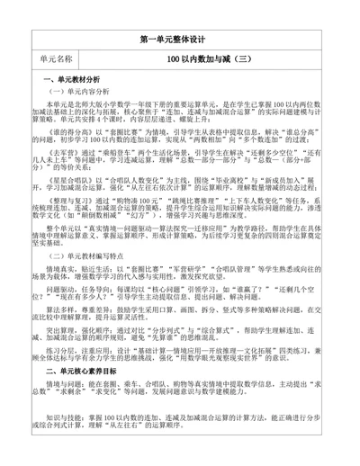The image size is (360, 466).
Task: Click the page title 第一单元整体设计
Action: pos(180,40)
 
